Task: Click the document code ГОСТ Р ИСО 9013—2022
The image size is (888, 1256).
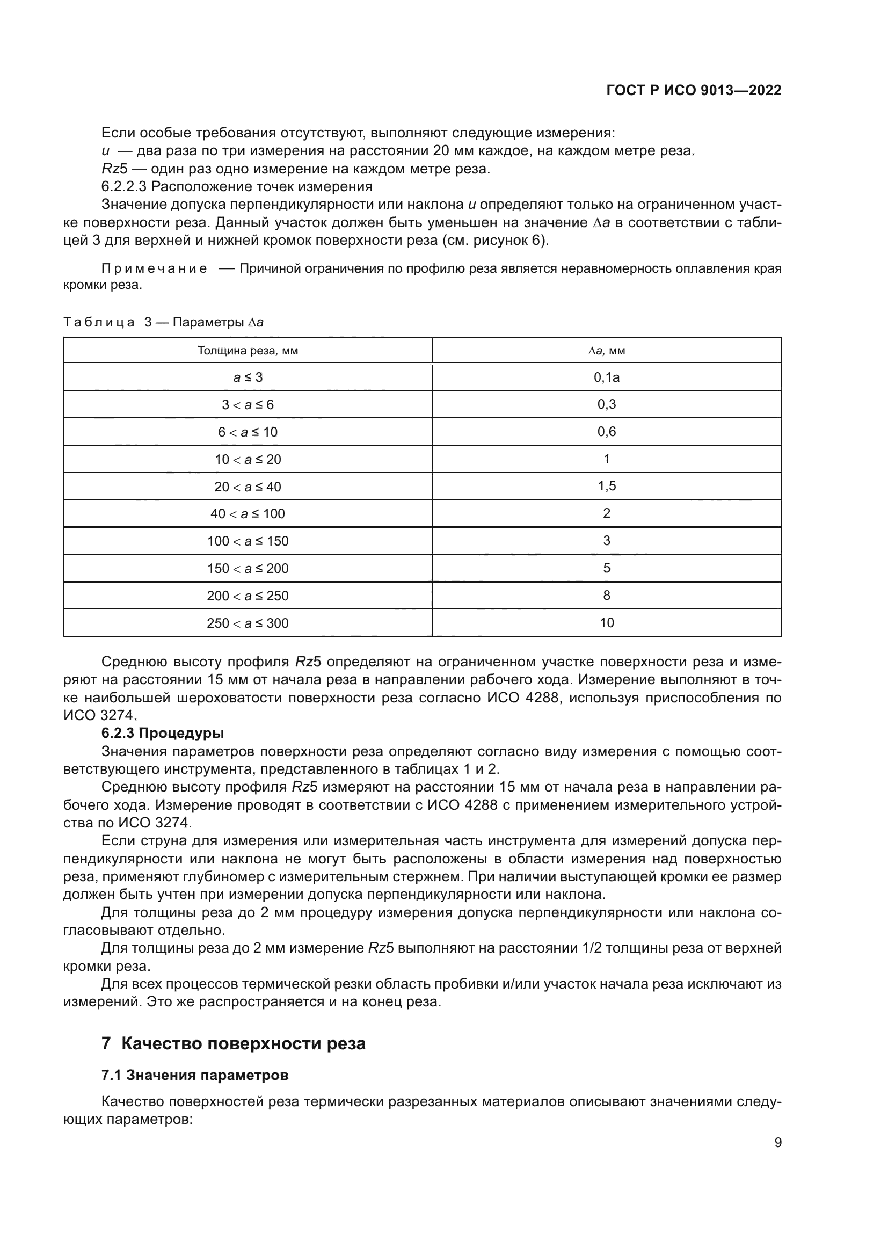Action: point(693,91)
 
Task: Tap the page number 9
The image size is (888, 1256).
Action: point(777,1142)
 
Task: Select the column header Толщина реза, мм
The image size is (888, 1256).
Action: point(247,351)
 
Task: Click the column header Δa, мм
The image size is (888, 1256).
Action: point(606,351)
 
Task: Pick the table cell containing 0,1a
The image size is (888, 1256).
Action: point(606,377)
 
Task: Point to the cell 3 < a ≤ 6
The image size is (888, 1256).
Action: point(247,405)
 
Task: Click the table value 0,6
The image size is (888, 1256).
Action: point(606,432)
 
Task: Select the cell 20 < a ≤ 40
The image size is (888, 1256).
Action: point(247,487)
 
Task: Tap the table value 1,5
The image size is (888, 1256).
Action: point(606,486)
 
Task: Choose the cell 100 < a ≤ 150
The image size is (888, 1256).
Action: point(247,541)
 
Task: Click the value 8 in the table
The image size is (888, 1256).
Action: point(606,595)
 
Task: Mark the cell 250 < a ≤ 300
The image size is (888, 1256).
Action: point(247,623)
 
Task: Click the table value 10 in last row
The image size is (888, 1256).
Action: point(606,622)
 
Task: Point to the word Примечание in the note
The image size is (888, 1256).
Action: point(154,268)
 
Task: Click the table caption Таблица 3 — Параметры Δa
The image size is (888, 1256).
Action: point(164,322)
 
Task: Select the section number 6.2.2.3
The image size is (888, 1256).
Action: point(123,186)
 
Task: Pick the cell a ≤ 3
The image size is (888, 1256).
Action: point(247,377)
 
